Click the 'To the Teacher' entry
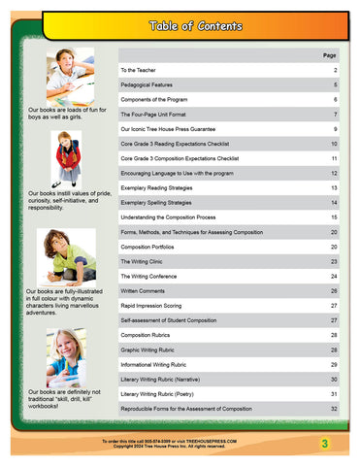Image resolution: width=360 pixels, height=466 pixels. [142, 71]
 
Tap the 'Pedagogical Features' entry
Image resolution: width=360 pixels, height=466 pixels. [151, 85]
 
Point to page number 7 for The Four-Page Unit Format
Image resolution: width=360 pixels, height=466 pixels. [335, 114]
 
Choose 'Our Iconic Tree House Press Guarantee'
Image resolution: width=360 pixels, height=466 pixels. [175, 128]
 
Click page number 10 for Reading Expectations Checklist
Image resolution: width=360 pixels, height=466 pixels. [334, 143]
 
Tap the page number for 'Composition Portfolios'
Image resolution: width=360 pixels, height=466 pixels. [334, 247]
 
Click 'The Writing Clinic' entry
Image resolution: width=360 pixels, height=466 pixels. [146, 261]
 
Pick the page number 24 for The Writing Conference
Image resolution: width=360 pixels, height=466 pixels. [334, 276]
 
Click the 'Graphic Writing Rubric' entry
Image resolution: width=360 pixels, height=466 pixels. [153, 349]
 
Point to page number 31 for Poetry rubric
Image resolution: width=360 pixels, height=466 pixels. [334, 393]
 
